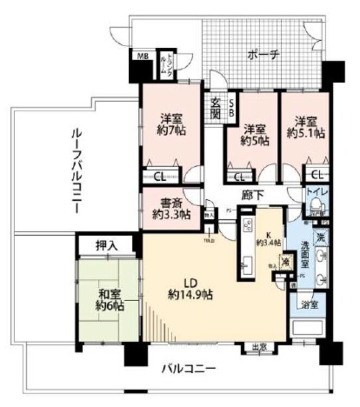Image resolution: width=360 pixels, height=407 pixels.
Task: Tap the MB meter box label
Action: click(142, 56)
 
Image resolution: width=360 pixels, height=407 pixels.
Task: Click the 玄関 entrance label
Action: click(215, 108)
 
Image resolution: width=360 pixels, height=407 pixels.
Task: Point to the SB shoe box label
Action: click(231, 107)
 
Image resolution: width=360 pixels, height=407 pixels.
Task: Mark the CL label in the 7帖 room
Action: click(159, 176)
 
